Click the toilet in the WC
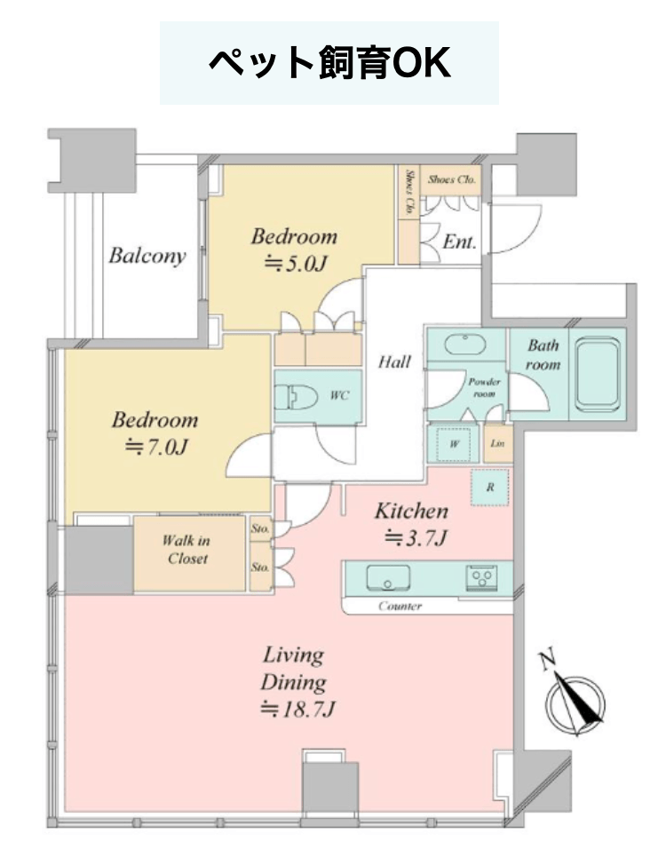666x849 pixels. point(296,397)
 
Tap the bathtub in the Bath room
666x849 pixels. point(598,374)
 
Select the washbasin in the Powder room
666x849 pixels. point(466,344)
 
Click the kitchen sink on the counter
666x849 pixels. point(388,578)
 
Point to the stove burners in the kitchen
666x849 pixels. point(481,577)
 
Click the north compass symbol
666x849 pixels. point(573,695)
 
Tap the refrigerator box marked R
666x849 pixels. point(490,488)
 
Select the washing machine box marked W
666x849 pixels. point(455,444)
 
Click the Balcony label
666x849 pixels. point(147,256)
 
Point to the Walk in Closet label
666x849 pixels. point(186,550)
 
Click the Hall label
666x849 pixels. point(394,361)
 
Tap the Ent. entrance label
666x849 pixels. point(459,242)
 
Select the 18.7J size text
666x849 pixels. point(298,709)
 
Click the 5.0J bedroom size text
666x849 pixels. point(296,264)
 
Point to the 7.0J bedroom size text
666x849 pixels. point(156,448)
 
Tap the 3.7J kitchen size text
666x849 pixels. point(416,538)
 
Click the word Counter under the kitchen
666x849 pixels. point(400,606)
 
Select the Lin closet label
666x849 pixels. point(497,443)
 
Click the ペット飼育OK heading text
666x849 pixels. point(329,63)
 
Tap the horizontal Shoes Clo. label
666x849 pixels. point(452,179)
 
